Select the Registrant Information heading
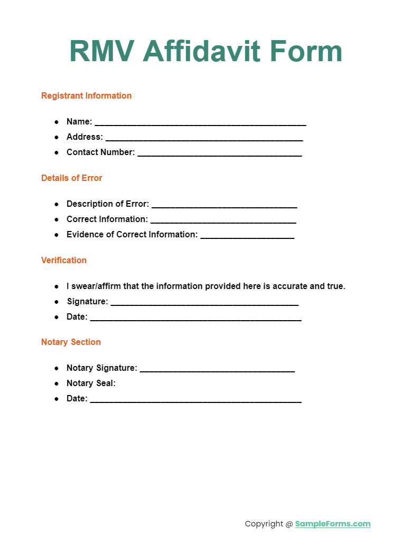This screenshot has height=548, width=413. click(86, 96)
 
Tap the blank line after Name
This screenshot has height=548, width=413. click(200, 123)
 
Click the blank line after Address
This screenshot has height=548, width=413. click(204, 139)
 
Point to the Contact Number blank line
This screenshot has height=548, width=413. click(219, 154)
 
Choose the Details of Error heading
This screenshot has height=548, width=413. click(71, 178)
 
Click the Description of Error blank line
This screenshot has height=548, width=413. click(224, 206)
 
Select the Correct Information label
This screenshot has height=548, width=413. click(107, 219)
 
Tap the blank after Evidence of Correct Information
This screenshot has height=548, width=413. click(247, 236)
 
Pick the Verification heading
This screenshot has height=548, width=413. click(63, 261)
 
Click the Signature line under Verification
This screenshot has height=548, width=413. click(204, 304)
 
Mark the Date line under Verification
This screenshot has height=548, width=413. click(195, 319)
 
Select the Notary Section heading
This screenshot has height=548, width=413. click(71, 342)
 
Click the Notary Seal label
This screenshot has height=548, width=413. click(91, 383)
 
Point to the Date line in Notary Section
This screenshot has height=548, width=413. click(195, 401)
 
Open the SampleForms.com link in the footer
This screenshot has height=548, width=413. click(333, 524)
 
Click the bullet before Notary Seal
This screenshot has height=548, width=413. click(57, 383)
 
